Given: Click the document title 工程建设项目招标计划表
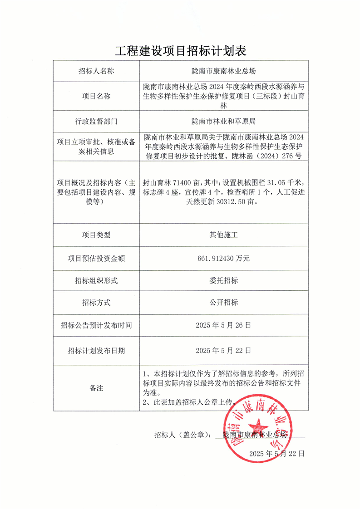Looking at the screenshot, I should coord(180,51).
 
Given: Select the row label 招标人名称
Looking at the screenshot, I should coord(96,71).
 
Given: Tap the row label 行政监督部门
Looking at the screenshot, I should coord(96,121).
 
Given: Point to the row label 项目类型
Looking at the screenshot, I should coord(96,235).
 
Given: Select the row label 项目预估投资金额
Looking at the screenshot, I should coord(96,258).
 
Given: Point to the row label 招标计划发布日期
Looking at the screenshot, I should coord(96,350).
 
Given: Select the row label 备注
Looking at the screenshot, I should coord(96,388).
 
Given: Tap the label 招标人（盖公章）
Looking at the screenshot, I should coord(182,435).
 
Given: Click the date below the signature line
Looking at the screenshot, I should coord(276,453).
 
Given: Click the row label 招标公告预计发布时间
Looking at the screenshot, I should coord(96,325).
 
